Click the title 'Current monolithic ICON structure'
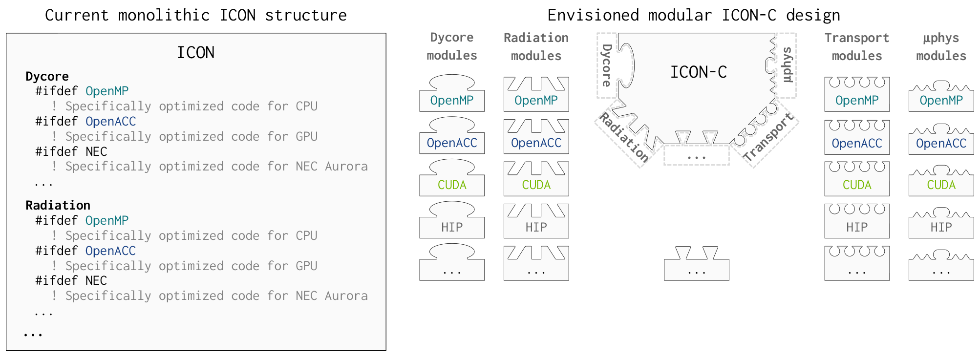coord(195,16)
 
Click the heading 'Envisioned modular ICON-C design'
coord(693,16)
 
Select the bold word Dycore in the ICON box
coord(47,77)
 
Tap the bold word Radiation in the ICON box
coord(58,206)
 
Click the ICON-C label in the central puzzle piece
coord(698,72)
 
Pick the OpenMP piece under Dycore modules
coord(451,100)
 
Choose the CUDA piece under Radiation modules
coord(536,185)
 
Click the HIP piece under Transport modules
coord(856,227)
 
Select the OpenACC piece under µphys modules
coord(941,144)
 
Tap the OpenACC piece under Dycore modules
coord(451,143)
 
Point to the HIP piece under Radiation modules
coord(536,227)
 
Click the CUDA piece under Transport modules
coord(856,185)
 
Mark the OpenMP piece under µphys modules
coord(941,101)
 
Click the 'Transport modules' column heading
coord(856,47)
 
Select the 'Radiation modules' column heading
coord(536,47)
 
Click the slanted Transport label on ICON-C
coord(768,137)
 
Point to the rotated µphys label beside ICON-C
coord(787,65)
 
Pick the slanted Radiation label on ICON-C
coord(624,138)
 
